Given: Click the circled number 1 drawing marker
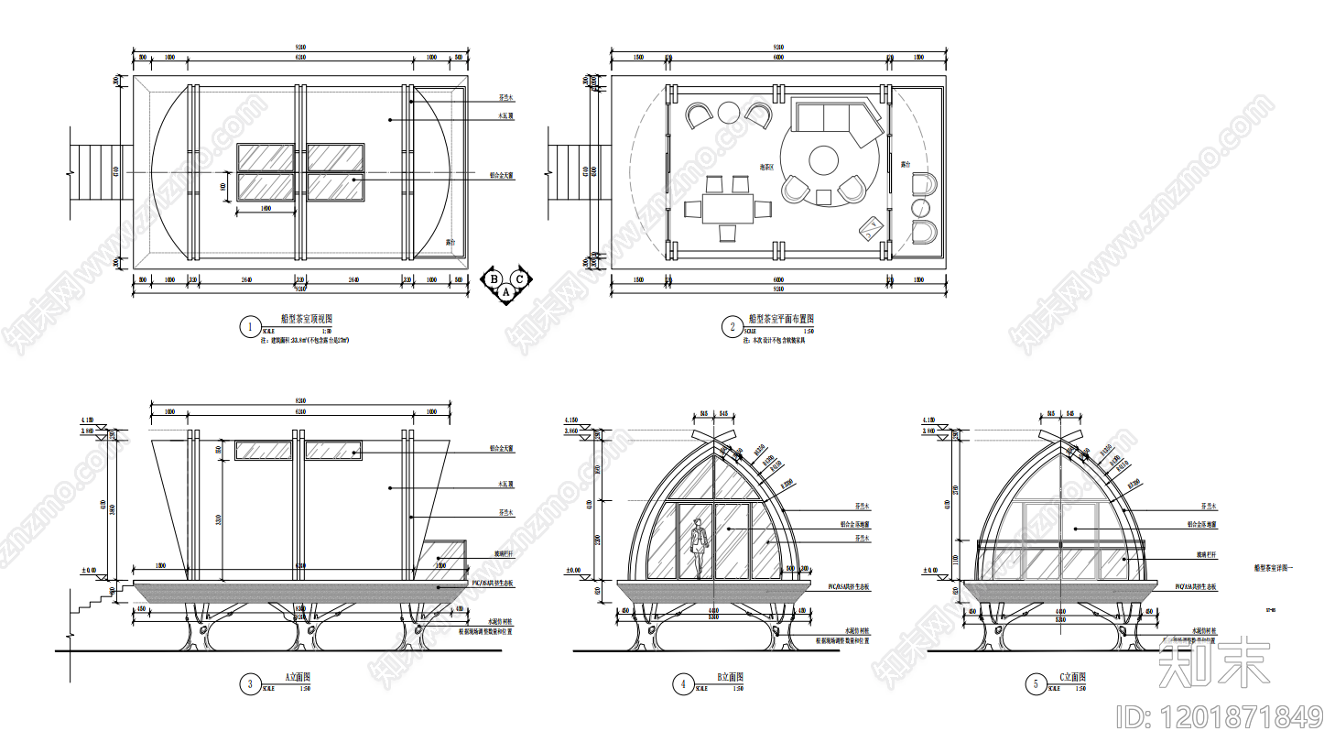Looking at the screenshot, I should click(250, 326).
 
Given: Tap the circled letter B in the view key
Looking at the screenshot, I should click(494, 279).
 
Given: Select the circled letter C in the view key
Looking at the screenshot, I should click(520, 279).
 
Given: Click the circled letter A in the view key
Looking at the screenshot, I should click(506, 292).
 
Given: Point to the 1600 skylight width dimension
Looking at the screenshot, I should click(266, 209).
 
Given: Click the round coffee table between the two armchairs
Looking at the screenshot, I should click(729, 113).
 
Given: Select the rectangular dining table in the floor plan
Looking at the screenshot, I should click(728, 208).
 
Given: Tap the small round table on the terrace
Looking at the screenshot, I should click(921, 209).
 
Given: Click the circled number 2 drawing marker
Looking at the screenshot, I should click(732, 326).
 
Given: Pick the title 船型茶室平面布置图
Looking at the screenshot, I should click(781, 319).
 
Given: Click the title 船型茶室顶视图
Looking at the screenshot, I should click(307, 319).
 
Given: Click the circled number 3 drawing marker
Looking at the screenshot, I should click(250, 683).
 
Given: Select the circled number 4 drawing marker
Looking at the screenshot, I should click(682, 683).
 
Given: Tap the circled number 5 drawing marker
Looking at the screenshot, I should click(1036, 683).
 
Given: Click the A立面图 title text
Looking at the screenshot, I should click(298, 677).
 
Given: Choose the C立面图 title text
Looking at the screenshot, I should click(1072, 677).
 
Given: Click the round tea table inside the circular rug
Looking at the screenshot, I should click(824, 160).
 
